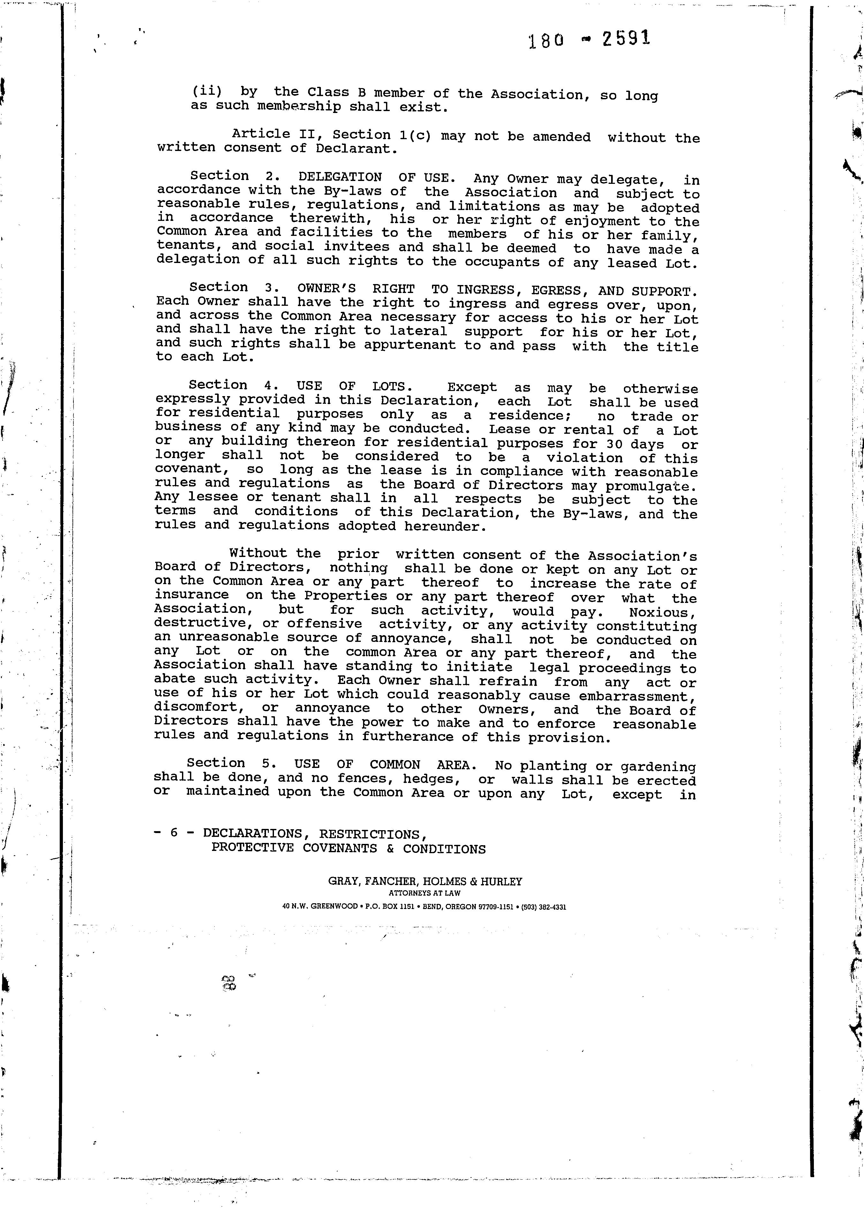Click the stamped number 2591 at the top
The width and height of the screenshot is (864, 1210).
[x=626, y=39]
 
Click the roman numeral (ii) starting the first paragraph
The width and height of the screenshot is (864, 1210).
[x=207, y=91]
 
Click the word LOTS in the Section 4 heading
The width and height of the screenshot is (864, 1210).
[x=388, y=386]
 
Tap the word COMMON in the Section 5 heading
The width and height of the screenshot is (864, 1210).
[x=394, y=765]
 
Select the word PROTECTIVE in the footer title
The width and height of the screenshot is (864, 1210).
[x=252, y=847]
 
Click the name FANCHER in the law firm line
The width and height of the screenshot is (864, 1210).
[x=386, y=881]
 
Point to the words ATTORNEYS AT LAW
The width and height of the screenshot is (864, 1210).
[x=425, y=894]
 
